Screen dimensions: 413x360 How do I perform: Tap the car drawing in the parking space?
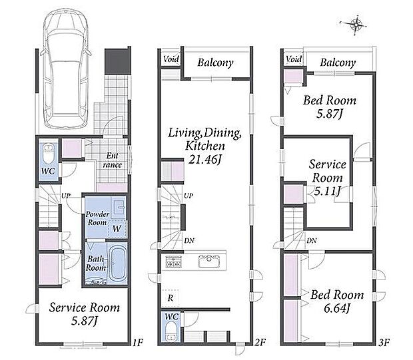[x=65, y=69]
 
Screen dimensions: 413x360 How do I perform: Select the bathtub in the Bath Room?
[x=117, y=264]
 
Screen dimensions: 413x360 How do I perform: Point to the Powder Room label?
[x=97, y=218]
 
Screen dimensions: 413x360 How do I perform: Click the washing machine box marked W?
[x=117, y=228]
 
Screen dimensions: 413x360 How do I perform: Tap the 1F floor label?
[x=137, y=343]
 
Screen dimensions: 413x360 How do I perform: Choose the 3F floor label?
[x=384, y=343]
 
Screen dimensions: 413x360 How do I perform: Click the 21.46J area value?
[x=205, y=159]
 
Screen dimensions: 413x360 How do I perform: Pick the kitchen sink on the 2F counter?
[x=209, y=262]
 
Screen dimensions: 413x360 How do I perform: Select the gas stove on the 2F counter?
[x=173, y=262]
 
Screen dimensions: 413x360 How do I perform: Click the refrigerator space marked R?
[x=170, y=298]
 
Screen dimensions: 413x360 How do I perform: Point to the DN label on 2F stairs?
[x=189, y=240]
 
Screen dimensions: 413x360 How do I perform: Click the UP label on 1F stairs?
[x=66, y=196]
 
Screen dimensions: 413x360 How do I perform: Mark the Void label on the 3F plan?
[x=294, y=59]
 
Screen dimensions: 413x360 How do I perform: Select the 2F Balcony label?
[x=215, y=63]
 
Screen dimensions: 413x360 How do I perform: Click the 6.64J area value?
[x=337, y=308]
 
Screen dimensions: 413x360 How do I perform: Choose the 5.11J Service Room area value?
[x=327, y=191]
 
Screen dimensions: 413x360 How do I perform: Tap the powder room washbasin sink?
[x=120, y=208]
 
